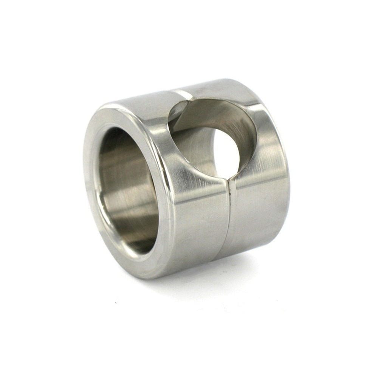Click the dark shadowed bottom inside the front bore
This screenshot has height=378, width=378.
click(x=140, y=242)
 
